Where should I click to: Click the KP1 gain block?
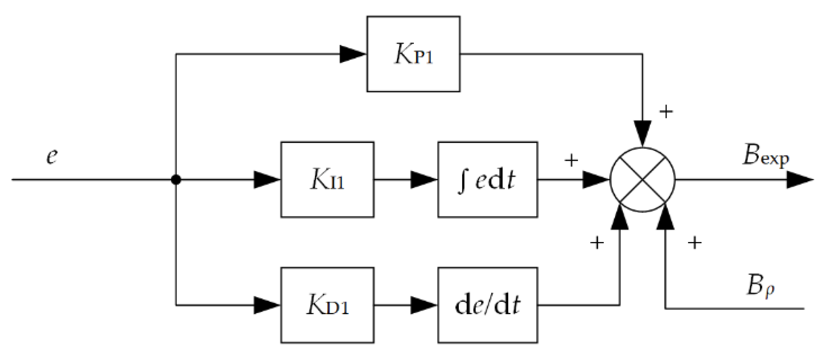pyautogui.click(x=413, y=54)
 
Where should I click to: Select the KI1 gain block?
pyautogui.click(x=327, y=179)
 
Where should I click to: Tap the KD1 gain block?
pyautogui.click(x=327, y=305)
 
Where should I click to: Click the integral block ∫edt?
pyautogui.click(x=487, y=179)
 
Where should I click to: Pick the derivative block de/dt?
pyautogui.click(x=487, y=305)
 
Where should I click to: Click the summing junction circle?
pyautogui.click(x=642, y=180)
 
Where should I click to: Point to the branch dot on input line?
pyautogui.click(x=176, y=180)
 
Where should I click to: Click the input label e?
pyautogui.click(x=52, y=156)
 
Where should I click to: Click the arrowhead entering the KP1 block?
pyautogui.click(x=353, y=54)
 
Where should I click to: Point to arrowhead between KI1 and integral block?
pyautogui.click(x=424, y=180)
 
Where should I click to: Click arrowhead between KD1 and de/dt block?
pyautogui.click(x=424, y=305)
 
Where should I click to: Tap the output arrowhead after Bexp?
pyautogui.click(x=799, y=180)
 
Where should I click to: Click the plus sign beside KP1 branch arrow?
pyautogui.click(x=666, y=111)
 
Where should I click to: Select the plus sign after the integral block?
pyautogui.click(x=571, y=160)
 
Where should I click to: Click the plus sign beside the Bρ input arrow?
pyautogui.click(x=695, y=242)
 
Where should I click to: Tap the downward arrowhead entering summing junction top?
pyautogui.click(x=643, y=133)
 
